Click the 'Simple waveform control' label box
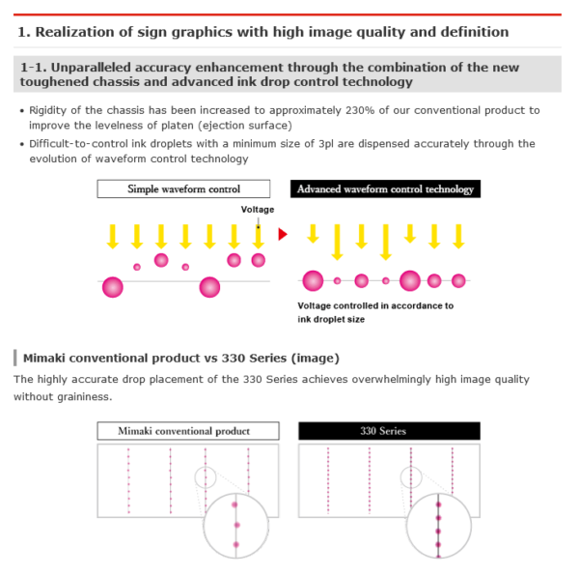point(183,189)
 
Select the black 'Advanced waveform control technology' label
point(385,189)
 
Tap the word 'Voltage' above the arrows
point(258,210)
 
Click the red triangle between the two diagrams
point(283,234)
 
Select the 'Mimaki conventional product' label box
point(188,431)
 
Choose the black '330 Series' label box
point(389,431)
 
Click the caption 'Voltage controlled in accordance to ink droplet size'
point(375,312)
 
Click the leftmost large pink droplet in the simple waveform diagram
point(113,287)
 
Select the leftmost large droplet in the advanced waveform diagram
point(313,280)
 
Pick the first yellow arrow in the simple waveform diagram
point(113,237)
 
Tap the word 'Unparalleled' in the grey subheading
point(92,68)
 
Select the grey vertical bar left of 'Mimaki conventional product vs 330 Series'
point(15,358)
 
